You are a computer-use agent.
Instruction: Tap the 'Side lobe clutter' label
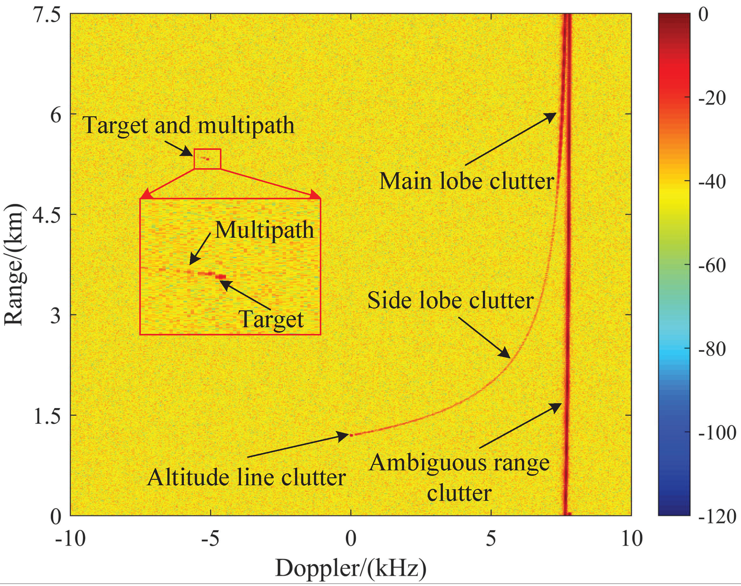pos(450,301)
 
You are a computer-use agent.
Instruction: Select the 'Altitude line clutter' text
pos(246,478)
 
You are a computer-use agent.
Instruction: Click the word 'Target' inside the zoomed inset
pos(271,319)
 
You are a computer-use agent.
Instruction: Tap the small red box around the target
pos(207,159)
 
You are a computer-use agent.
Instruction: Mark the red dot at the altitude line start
pos(351,435)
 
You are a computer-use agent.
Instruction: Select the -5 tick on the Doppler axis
pos(210,539)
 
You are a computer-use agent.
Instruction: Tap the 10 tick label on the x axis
pos(631,539)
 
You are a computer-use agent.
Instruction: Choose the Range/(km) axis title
pos(14,264)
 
